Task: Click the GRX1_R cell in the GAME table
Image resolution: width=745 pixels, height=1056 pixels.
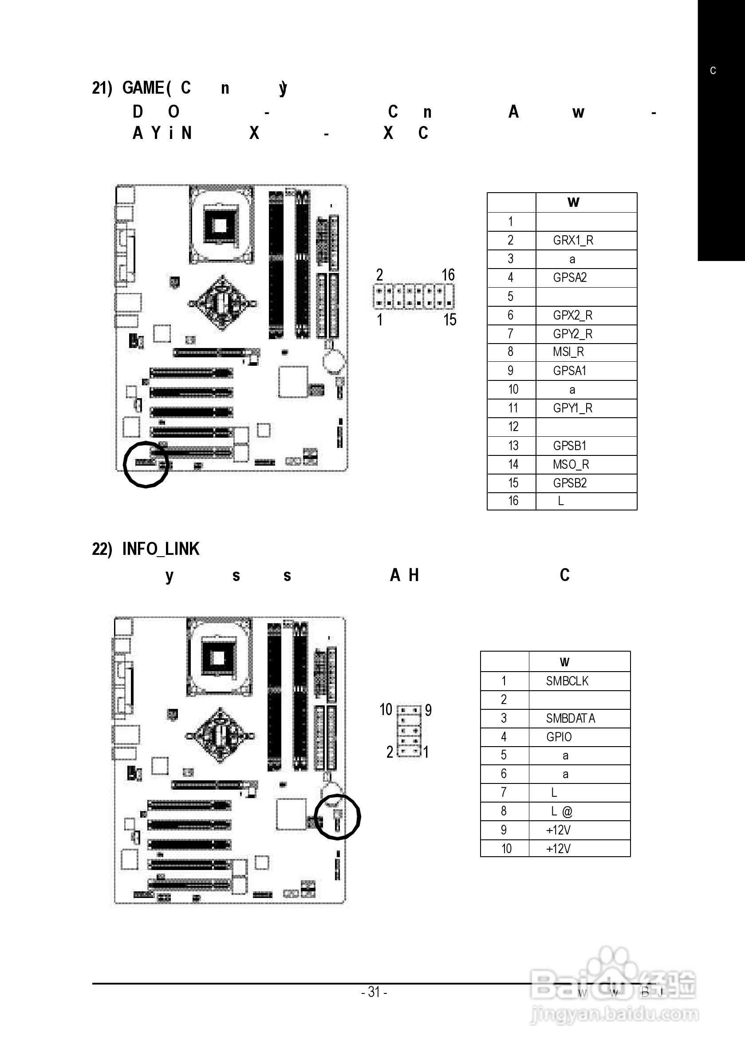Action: click(573, 241)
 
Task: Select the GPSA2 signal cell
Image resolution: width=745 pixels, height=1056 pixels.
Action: click(570, 278)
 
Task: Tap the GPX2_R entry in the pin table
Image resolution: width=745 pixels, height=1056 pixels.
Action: click(572, 316)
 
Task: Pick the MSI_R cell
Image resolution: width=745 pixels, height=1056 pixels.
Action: click(568, 352)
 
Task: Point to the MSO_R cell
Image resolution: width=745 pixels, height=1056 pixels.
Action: click(571, 465)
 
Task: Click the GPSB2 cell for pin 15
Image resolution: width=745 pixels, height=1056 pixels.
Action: click(570, 483)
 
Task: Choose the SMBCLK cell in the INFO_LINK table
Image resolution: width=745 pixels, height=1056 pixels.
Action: click(567, 681)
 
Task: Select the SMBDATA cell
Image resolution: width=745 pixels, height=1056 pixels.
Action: click(570, 718)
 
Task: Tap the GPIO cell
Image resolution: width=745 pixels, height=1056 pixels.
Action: click(559, 737)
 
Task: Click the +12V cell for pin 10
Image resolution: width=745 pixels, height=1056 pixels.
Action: click(558, 849)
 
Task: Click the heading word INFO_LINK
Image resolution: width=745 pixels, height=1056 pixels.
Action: click(161, 549)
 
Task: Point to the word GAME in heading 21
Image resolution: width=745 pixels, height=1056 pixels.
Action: click(143, 88)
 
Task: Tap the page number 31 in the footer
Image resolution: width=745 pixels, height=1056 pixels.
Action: click(374, 993)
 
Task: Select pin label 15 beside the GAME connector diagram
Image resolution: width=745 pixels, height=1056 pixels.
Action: click(449, 320)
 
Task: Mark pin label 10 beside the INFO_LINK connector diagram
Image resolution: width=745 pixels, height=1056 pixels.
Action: click(386, 710)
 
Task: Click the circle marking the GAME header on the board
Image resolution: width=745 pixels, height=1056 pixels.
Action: click(146, 464)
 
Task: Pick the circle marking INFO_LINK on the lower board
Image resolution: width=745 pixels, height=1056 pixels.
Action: click(339, 817)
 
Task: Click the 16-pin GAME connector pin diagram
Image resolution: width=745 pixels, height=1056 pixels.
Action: click(414, 297)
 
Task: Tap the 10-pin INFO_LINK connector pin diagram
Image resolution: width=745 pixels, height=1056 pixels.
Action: click(409, 731)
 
